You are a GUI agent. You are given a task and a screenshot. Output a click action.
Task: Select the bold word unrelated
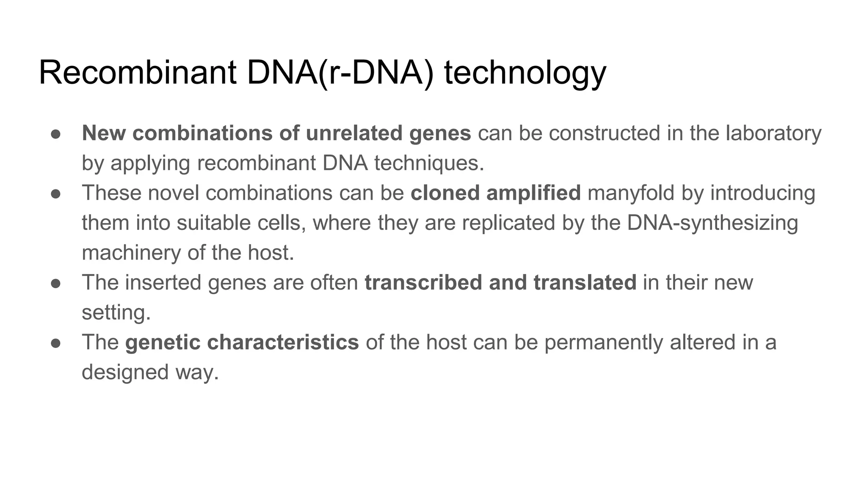point(354,133)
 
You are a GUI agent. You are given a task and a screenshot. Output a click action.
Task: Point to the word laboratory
point(773,133)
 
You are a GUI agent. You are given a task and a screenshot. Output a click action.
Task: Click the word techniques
point(428,163)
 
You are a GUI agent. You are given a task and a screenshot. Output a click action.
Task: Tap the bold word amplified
point(533,193)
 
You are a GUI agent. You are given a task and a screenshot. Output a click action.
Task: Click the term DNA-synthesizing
point(712,223)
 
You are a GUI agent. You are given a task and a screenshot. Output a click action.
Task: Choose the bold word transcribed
point(423,282)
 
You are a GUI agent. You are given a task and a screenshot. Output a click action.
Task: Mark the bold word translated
point(585,282)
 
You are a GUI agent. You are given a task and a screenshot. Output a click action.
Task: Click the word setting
point(116,313)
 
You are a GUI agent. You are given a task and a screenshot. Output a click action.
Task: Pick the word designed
point(125,372)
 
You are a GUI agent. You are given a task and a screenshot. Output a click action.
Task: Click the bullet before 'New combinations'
point(56,134)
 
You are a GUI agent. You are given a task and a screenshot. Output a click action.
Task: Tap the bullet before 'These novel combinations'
point(56,194)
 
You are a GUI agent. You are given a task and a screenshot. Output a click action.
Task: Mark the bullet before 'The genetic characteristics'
point(56,343)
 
